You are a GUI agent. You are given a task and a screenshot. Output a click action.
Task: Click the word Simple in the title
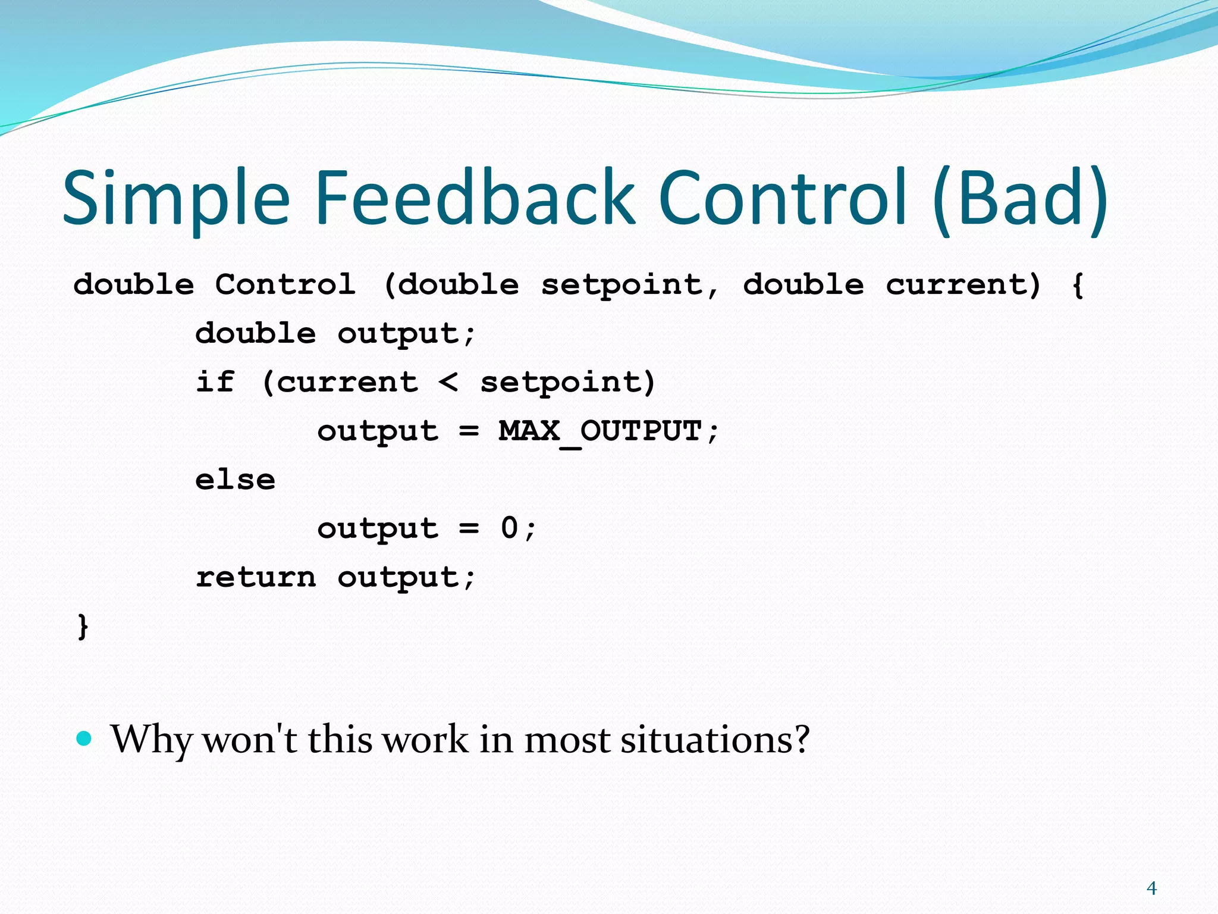[x=176, y=199]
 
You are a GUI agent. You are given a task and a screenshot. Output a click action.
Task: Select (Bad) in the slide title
[x=1019, y=199]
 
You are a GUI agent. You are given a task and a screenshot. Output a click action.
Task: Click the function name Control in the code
[x=285, y=284]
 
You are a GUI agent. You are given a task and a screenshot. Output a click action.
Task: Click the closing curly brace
[x=83, y=627]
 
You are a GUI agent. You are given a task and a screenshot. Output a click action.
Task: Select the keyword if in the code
[x=215, y=381]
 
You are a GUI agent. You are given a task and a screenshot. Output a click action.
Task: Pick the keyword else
[x=236, y=480]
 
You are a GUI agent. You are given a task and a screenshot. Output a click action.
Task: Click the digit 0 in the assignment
[x=510, y=528]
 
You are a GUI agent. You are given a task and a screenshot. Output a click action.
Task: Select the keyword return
[x=256, y=577]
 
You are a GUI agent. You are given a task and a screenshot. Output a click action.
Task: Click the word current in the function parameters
[x=963, y=284]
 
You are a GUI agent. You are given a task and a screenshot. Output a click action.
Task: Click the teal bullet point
[x=85, y=738]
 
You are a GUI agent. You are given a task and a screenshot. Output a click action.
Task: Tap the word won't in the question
[x=250, y=740]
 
